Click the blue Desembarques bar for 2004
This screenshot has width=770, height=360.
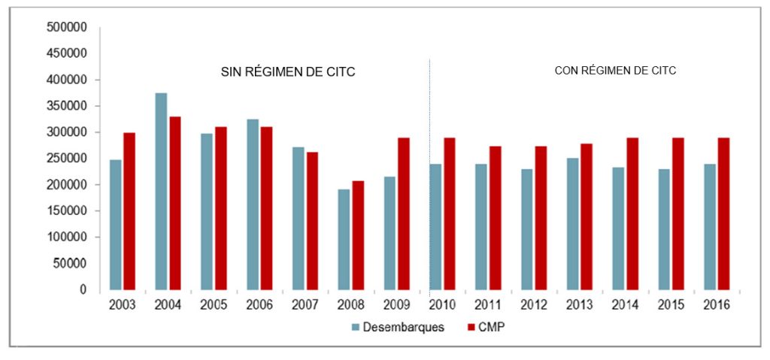coord(161,192)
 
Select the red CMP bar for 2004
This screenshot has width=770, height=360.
coord(174,203)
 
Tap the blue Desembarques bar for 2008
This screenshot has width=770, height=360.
coord(344,239)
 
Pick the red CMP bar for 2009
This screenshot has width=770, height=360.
coord(404,213)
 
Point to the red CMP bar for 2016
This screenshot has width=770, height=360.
coord(723,213)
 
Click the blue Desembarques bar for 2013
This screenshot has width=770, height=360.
coord(573,223)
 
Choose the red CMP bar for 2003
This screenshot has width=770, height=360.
coord(129,211)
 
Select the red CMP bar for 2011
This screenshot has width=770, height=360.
coord(496,218)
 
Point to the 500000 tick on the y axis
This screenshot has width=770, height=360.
coord(68,27)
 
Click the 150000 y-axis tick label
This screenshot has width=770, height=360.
coord(68,211)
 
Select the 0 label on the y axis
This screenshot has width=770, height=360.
coord(83,290)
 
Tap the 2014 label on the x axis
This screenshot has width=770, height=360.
coord(626,305)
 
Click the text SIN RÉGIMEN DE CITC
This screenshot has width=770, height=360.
coord(287,72)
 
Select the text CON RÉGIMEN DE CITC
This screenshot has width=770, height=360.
coord(615,71)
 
